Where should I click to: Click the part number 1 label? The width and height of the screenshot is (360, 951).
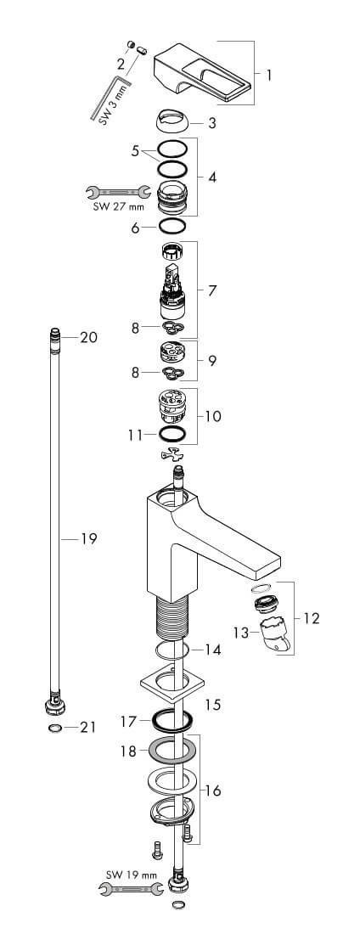(x=268, y=76)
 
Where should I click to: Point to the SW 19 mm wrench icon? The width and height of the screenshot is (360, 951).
(x=130, y=889)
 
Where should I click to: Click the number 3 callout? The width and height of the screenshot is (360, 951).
(x=211, y=124)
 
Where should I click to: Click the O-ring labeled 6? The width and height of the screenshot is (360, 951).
(x=172, y=227)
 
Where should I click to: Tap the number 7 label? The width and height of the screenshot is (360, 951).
(x=211, y=290)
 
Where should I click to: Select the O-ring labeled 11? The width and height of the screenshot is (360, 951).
(x=172, y=434)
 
